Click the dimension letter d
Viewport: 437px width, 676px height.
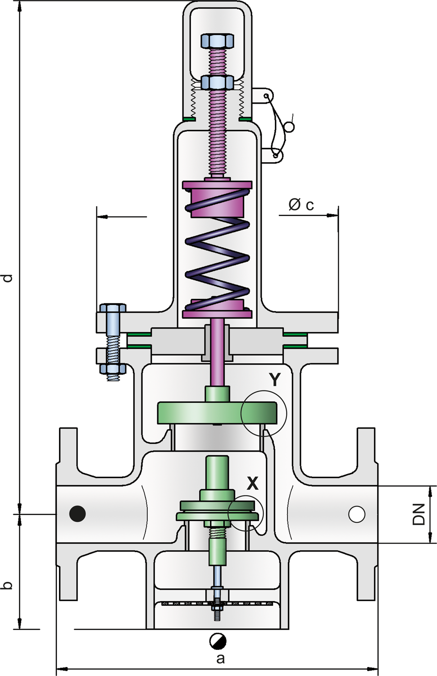7,277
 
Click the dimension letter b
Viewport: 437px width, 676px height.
7,585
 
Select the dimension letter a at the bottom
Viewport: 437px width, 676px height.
220,658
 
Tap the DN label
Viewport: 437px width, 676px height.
419,514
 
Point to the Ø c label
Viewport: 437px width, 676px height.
301,205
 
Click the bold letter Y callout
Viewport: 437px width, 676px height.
274,379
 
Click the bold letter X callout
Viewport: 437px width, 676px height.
253,483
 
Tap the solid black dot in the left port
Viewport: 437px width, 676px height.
77,514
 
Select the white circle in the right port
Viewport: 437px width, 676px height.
357,514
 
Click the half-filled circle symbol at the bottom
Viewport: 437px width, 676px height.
218,641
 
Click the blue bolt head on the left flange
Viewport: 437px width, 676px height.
112,308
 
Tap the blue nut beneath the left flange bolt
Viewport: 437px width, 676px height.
113,368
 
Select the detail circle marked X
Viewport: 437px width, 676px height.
246,513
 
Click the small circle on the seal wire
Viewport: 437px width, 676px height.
290,127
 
